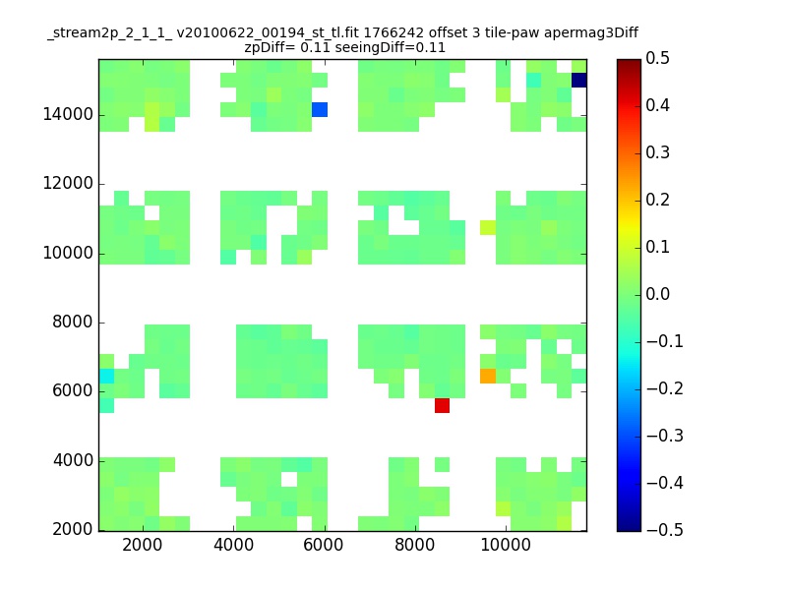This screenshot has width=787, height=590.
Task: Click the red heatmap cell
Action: click(442, 405)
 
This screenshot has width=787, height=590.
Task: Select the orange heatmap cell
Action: click(488, 376)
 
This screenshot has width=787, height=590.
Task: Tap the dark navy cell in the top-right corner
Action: click(579, 81)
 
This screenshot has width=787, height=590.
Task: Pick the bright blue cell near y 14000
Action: click(320, 109)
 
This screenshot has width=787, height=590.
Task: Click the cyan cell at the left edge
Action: click(106, 376)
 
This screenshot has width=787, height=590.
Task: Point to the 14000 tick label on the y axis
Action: click(68, 114)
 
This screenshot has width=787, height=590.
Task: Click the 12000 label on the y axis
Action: click(68, 183)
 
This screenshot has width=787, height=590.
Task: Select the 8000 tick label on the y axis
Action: click(73, 322)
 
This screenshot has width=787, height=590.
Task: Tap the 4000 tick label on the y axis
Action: click(73, 460)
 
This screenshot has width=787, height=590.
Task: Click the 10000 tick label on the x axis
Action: click(506, 545)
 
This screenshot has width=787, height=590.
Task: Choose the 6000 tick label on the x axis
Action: click(324, 545)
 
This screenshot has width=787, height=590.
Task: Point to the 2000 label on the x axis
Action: click(143, 545)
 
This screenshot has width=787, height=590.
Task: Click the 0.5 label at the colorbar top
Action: click(657, 58)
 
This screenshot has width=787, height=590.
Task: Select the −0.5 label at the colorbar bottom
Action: click(665, 530)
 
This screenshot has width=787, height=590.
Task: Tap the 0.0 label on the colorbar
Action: click(657, 294)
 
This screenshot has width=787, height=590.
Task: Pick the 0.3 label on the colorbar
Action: click(657, 152)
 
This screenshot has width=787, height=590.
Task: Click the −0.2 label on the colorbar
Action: click(665, 388)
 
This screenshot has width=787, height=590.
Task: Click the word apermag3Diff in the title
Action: click(591, 33)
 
